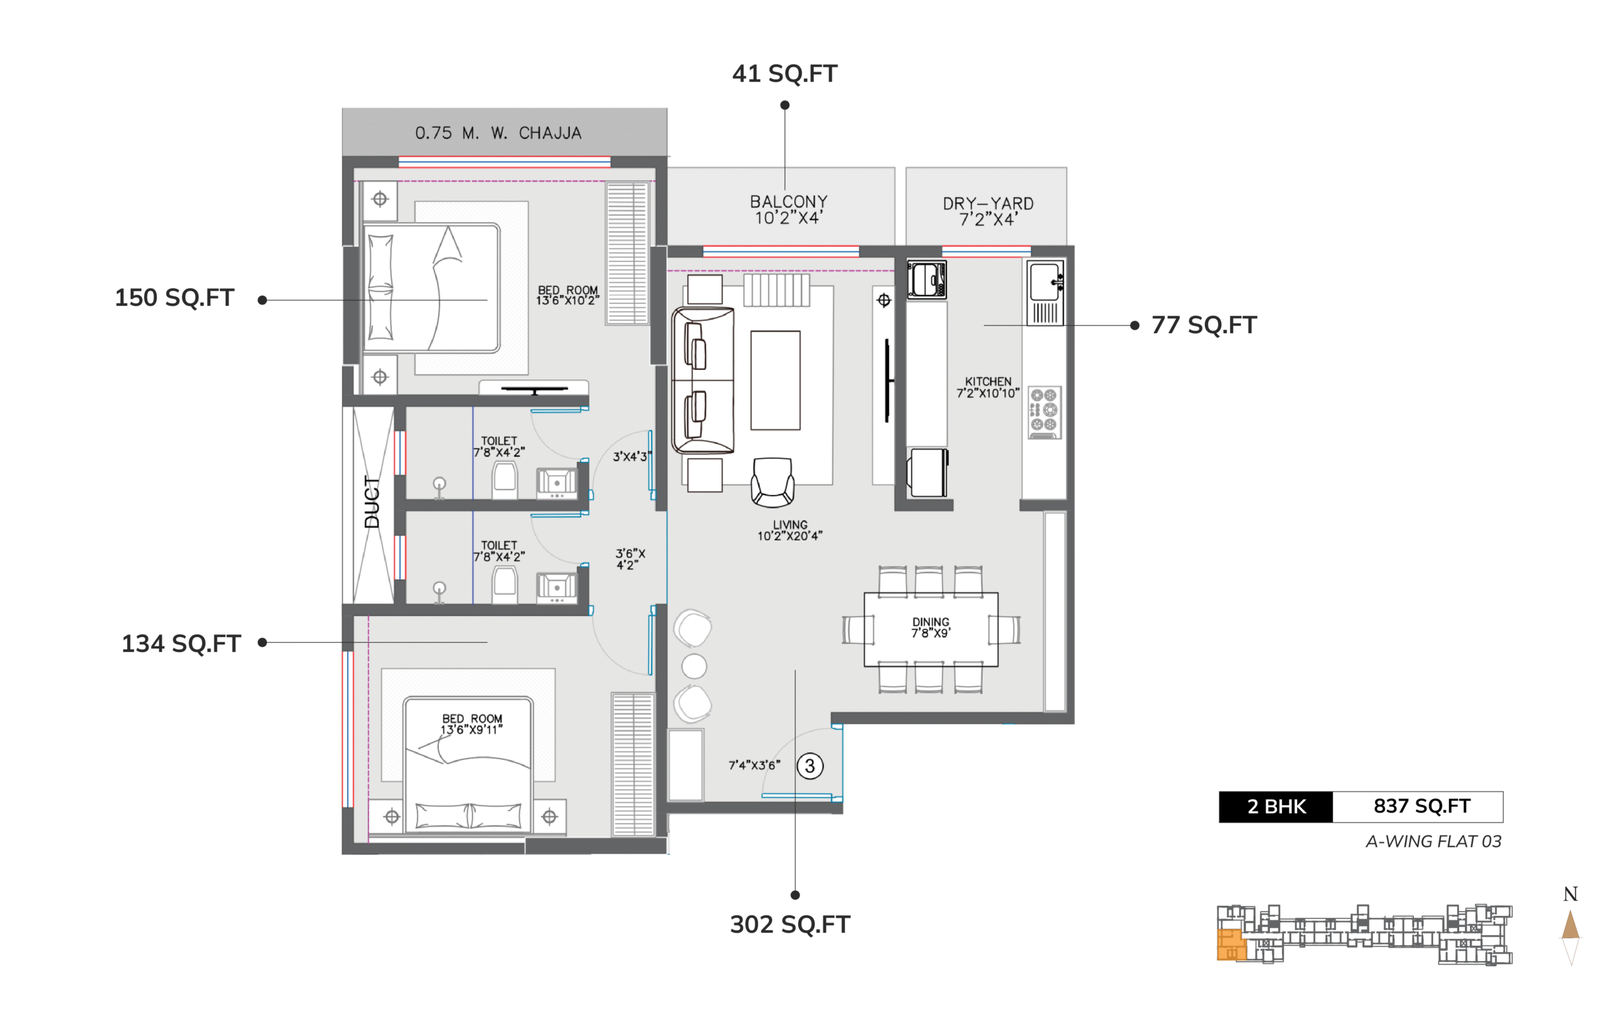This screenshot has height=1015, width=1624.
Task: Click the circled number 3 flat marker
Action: (x=810, y=766)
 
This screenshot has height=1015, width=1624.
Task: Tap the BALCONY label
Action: (x=789, y=201)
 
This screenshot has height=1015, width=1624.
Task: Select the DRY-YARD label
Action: (x=988, y=204)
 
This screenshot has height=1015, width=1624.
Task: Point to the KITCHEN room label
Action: (x=988, y=381)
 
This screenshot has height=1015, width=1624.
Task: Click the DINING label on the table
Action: (x=931, y=622)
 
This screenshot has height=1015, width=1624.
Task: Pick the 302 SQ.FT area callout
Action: (x=790, y=924)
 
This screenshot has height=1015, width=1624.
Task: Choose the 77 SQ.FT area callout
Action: (x=1204, y=325)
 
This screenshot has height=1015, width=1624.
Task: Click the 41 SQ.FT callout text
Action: (x=785, y=73)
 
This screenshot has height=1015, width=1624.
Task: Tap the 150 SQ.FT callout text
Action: (x=174, y=298)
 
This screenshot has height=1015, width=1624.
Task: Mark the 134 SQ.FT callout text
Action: (x=181, y=644)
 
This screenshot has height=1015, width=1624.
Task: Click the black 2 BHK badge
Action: (x=1276, y=807)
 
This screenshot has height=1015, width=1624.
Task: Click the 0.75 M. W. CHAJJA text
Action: (x=498, y=133)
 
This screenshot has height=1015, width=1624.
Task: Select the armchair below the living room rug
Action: (x=773, y=482)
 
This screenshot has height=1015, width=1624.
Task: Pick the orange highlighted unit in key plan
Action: (x=1231, y=945)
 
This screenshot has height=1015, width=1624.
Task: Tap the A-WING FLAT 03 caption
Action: (x=1434, y=842)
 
